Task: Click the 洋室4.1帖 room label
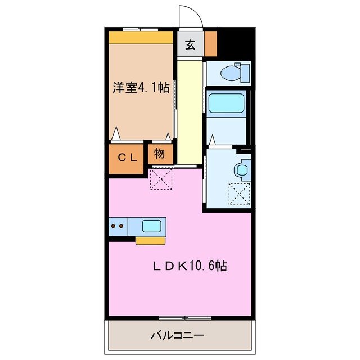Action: click(141, 87)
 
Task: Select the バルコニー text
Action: click(177, 336)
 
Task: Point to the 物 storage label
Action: click(159, 153)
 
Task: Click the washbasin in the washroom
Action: click(244, 169)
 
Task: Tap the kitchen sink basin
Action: click(152, 226)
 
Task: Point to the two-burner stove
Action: click(118, 227)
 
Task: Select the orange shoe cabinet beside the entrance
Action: click(210, 44)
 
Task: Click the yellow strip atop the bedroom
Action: click(141, 38)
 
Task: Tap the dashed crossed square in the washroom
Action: click(239, 194)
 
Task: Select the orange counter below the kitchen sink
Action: click(150, 240)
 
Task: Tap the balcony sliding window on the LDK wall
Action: click(177, 318)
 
